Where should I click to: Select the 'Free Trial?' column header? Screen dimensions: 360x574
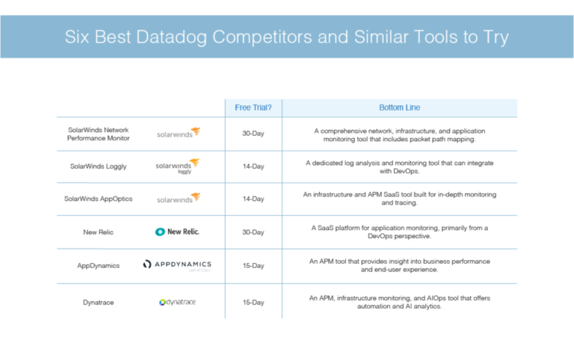click(253, 108)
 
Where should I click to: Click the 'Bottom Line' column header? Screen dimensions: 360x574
click(401, 108)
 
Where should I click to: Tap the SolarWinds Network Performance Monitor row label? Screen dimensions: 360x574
click(99, 134)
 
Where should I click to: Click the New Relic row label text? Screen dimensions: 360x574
click(99, 232)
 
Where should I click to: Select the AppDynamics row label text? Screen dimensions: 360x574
click(99, 265)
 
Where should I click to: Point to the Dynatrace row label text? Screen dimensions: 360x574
click(99, 302)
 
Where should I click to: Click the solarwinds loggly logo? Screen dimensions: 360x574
click(178, 166)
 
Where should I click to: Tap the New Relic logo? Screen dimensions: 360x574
click(177, 232)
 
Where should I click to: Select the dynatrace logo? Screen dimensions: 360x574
click(178, 302)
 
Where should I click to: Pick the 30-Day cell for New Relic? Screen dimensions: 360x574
click(253, 232)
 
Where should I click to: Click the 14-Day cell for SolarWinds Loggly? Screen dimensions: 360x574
click(253, 167)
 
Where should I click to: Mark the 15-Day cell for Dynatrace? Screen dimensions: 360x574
click(253, 302)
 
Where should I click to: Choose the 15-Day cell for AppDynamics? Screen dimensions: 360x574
click(253, 265)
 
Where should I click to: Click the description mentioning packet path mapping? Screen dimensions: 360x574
click(400, 134)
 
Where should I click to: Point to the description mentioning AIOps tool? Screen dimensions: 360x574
click(400, 302)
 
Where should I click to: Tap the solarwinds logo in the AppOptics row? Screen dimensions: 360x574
click(178, 199)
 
